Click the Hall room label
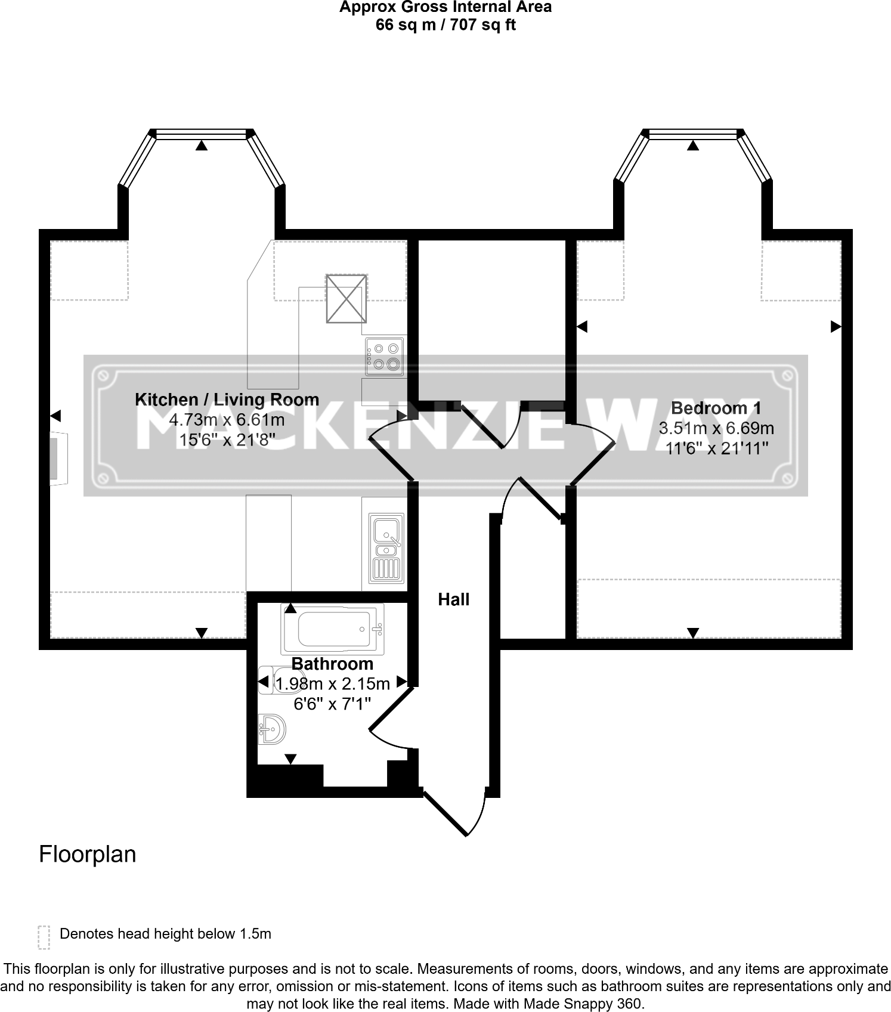click(x=453, y=599)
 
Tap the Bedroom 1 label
click(x=716, y=408)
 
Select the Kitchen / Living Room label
click(x=227, y=400)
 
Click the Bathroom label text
click(x=332, y=664)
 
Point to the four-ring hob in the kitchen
click(x=385, y=356)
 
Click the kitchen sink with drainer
click(x=386, y=548)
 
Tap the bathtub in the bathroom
click(x=333, y=629)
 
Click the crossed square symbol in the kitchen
click(x=346, y=298)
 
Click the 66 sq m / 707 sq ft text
click(x=445, y=25)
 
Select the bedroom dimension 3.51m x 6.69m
click(x=716, y=428)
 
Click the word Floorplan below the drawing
click(x=87, y=855)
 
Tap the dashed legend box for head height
click(x=44, y=937)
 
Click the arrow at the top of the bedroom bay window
click(x=692, y=145)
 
